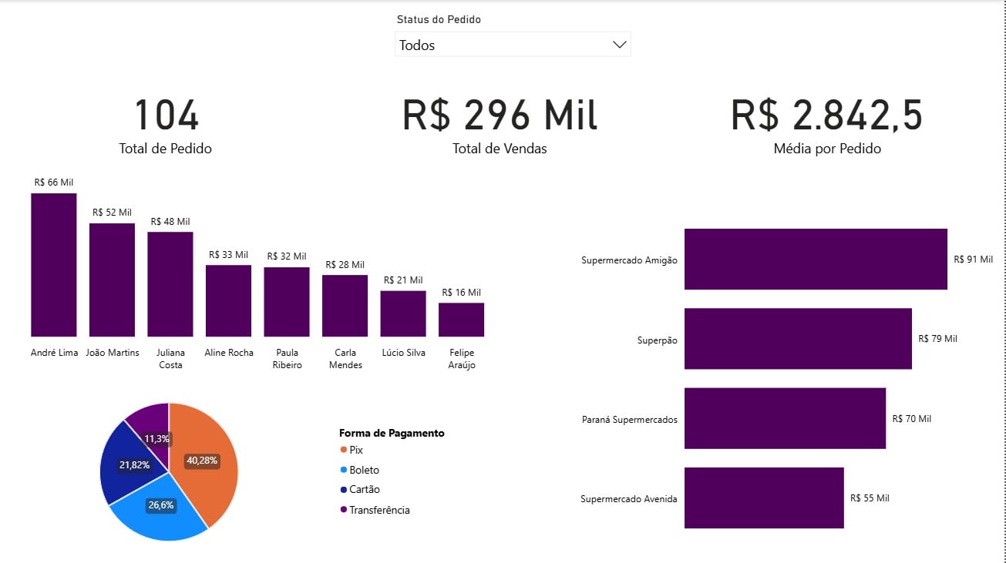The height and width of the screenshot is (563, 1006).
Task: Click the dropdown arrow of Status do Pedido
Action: [x=619, y=45]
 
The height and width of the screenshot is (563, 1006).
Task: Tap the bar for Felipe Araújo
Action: [x=461, y=320]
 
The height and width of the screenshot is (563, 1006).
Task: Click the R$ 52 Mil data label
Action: [x=112, y=212]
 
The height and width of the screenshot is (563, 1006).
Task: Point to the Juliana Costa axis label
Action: [x=170, y=359]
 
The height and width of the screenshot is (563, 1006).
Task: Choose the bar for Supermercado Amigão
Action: [x=815, y=260]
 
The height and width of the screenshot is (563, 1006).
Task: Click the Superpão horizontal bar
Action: [x=798, y=339]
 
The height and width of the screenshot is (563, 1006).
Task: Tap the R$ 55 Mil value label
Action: [x=870, y=498]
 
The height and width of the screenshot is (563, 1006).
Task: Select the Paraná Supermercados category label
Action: [x=629, y=420]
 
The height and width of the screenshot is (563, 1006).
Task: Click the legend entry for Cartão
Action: [x=364, y=490]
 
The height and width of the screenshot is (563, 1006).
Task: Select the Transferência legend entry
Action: [x=379, y=510]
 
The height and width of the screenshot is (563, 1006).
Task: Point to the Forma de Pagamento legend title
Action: [x=392, y=433]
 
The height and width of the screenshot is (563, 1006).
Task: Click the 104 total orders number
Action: [x=166, y=116]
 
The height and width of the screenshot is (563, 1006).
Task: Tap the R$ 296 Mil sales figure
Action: [x=500, y=116]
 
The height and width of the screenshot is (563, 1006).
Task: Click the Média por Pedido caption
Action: [x=826, y=149]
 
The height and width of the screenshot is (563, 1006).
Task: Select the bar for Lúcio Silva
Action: [x=403, y=313]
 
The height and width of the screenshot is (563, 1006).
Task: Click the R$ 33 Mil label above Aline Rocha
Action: [x=228, y=255]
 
